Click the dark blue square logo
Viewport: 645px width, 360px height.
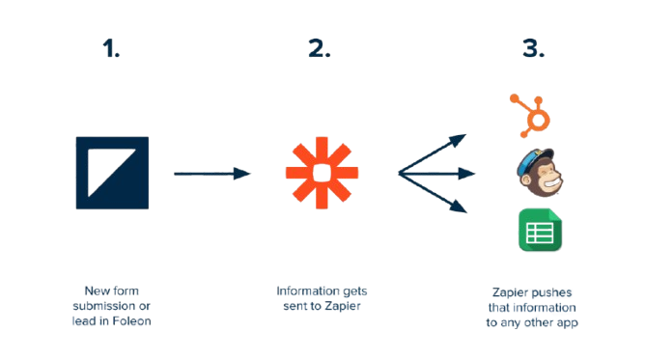click(112, 174)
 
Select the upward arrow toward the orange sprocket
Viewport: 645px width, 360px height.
click(435, 153)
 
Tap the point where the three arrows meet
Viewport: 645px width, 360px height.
click(400, 174)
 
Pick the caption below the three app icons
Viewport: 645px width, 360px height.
click(533, 306)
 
